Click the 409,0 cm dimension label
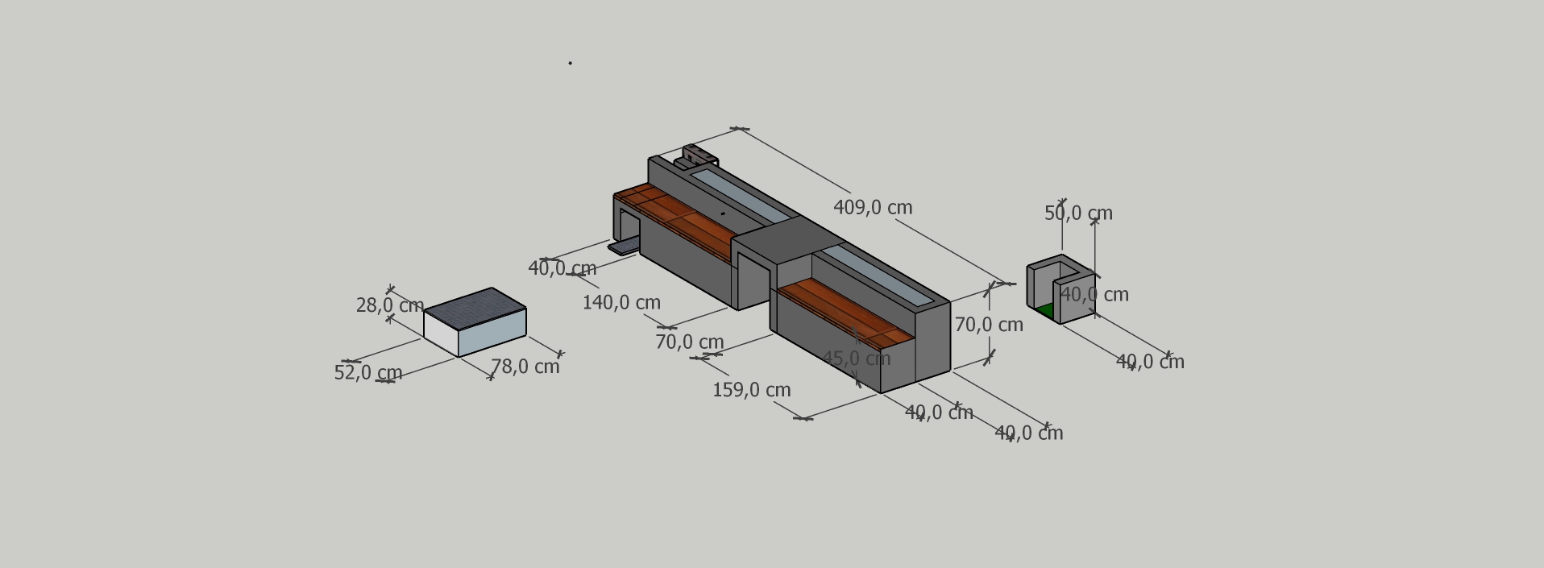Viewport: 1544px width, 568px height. pyautogui.click(x=873, y=207)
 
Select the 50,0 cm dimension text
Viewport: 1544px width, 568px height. pyautogui.click(x=1078, y=214)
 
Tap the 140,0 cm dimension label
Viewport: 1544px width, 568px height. pyautogui.click(x=621, y=302)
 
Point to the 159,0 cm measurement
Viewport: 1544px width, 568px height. pyautogui.click(x=751, y=390)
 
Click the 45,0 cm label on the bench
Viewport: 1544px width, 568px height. pyautogui.click(x=856, y=358)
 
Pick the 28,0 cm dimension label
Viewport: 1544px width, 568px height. pyautogui.click(x=389, y=305)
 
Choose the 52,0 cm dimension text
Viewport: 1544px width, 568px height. pyautogui.click(x=368, y=373)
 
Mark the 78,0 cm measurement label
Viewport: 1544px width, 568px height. pyautogui.click(x=525, y=367)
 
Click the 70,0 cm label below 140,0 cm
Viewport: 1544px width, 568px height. pyautogui.click(x=690, y=342)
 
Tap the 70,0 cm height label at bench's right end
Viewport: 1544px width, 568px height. pyautogui.click(x=989, y=325)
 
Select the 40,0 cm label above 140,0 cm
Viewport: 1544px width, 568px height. pyautogui.click(x=562, y=268)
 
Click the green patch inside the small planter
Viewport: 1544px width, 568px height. pyautogui.click(x=1045, y=311)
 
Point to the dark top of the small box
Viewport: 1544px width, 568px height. pyautogui.click(x=475, y=309)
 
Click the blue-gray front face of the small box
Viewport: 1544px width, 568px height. pyautogui.click(x=492, y=333)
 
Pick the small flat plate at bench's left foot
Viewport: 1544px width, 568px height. pyautogui.click(x=624, y=247)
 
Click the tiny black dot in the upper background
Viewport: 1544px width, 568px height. pyautogui.click(x=570, y=63)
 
